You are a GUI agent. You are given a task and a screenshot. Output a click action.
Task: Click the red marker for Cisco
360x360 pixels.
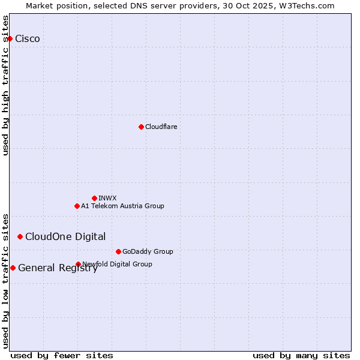click(x=10, y=38)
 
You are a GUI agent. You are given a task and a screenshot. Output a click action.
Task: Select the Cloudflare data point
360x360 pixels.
click(x=141, y=127)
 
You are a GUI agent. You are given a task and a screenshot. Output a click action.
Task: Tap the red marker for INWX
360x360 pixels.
click(x=94, y=198)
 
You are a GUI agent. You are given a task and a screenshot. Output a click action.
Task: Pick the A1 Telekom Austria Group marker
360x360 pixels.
click(x=77, y=206)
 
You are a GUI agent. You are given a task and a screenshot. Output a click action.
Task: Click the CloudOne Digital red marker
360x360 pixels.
click(x=20, y=236)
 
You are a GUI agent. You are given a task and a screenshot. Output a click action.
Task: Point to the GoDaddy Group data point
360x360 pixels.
click(x=118, y=251)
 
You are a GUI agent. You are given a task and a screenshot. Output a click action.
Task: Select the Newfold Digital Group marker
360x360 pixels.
click(x=78, y=264)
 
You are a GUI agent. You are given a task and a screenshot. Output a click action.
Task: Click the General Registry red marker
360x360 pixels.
click(x=13, y=268)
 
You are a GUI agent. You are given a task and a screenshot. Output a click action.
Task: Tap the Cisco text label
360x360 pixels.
click(x=28, y=39)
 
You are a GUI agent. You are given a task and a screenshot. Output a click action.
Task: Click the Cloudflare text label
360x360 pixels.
click(x=161, y=127)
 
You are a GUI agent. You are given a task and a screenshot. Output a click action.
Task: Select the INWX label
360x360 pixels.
click(x=107, y=198)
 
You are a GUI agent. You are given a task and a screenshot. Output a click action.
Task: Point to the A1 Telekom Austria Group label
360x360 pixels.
click(x=122, y=206)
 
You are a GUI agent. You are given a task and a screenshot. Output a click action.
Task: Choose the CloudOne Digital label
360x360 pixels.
click(x=65, y=236)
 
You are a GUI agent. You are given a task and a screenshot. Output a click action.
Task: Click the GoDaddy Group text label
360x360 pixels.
click(x=148, y=251)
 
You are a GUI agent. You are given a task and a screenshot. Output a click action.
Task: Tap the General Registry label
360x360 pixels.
click(x=58, y=268)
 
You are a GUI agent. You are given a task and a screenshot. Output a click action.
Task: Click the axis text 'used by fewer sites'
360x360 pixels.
click(x=62, y=355)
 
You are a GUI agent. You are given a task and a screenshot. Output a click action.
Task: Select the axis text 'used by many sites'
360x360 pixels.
click(x=301, y=355)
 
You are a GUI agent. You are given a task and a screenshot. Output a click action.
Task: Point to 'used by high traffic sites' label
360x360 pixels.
click(x=6, y=85)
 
